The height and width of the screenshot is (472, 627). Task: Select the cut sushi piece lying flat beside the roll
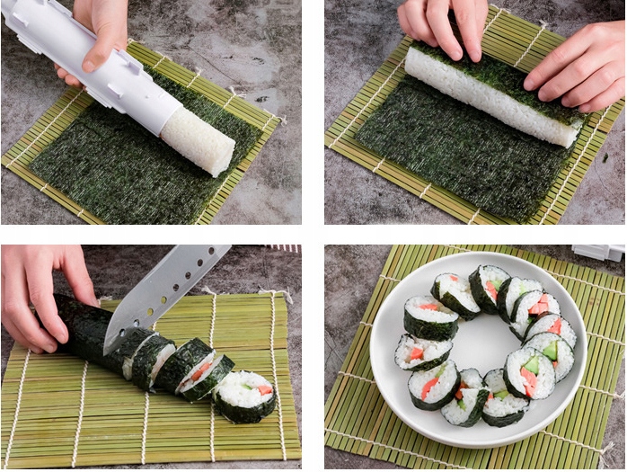[245, 396]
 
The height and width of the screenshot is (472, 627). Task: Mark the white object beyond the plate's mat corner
[597, 254]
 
